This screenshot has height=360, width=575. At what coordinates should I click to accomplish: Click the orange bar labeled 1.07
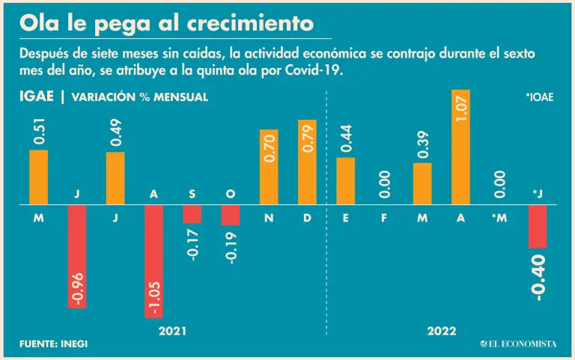(461, 147)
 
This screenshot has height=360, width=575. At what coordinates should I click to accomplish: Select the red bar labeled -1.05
(154, 260)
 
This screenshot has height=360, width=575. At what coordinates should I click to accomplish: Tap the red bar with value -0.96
(77, 255)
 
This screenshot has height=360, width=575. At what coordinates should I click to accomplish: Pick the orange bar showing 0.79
(307, 162)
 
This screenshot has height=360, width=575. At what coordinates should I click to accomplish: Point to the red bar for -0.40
(538, 225)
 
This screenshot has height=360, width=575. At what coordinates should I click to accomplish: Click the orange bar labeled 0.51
(39, 177)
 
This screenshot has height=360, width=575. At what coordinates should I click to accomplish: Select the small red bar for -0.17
(192, 213)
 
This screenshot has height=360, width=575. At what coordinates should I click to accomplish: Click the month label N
(269, 219)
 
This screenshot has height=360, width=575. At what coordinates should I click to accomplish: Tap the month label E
(345, 219)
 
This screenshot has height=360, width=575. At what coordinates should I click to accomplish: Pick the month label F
(384, 219)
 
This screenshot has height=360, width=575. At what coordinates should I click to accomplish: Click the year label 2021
(173, 331)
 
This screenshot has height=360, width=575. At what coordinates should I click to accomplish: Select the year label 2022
(442, 331)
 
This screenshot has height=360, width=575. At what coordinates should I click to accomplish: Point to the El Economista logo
(518, 344)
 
